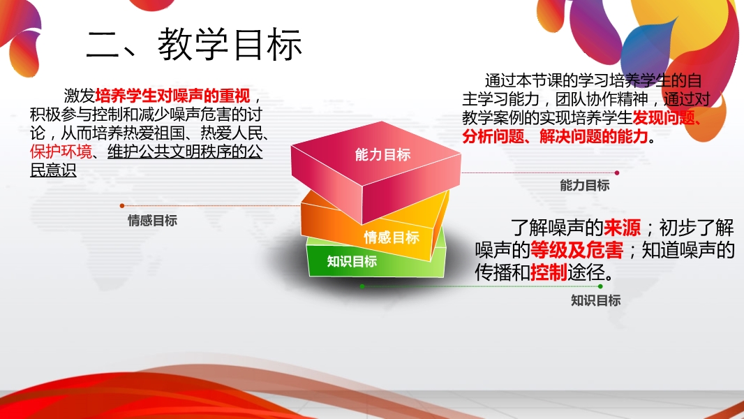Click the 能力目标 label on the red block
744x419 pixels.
click(383, 154)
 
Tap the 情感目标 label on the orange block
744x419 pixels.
click(392, 237)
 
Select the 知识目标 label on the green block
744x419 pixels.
click(352, 261)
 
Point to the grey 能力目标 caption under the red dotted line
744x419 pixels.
click(585, 186)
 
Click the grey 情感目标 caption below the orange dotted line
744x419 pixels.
click(152, 221)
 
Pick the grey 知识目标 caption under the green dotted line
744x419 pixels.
click(595, 300)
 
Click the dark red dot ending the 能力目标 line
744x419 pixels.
click(617, 172)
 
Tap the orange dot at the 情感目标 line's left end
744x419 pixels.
click(122, 205)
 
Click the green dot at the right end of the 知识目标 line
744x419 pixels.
click(600, 286)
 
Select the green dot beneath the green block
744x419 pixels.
click(362, 286)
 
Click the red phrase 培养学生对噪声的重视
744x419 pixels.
click(172, 96)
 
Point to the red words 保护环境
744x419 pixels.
click(61, 152)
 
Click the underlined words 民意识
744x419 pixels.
click(53, 170)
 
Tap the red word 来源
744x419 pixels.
click(622, 228)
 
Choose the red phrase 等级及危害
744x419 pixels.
click(576, 249)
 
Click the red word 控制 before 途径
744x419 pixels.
click(549, 272)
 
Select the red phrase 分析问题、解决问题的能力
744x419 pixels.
click(555, 137)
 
